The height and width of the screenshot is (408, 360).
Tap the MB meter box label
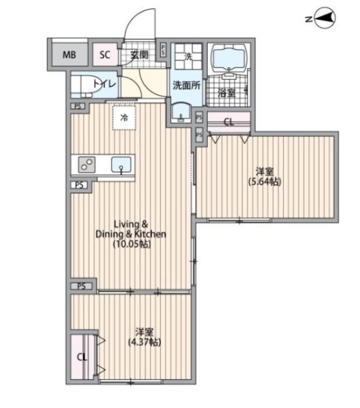(x=69, y=55)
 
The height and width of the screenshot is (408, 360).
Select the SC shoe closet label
(x=105, y=54)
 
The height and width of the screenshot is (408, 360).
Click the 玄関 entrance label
(x=139, y=55)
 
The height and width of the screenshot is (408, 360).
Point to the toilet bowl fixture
(x=88, y=84)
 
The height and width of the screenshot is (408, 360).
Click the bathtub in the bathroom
(x=228, y=58)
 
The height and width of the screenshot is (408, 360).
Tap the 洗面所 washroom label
(x=186, y=85)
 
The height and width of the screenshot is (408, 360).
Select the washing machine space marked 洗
(x=188, y=56)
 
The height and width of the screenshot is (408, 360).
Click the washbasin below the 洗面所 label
(x=181, y=112)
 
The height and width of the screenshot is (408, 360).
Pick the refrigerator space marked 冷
(x=124, y=118)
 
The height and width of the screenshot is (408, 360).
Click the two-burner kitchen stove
(x=86, y=165)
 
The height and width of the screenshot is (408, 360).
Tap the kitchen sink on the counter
(x=121, y=165)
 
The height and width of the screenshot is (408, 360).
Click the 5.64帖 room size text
(x=265, y=182)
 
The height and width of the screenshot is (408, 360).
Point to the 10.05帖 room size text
(x=132, y=244)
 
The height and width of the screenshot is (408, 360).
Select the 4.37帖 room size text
(x=145, y=342)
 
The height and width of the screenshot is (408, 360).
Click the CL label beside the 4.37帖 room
(x=82, y=357)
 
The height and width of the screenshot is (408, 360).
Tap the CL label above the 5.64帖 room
(x=229, y=122)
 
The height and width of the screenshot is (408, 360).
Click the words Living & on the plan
(x=131, y=224)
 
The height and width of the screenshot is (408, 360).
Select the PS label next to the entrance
(x=163, y=50)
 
